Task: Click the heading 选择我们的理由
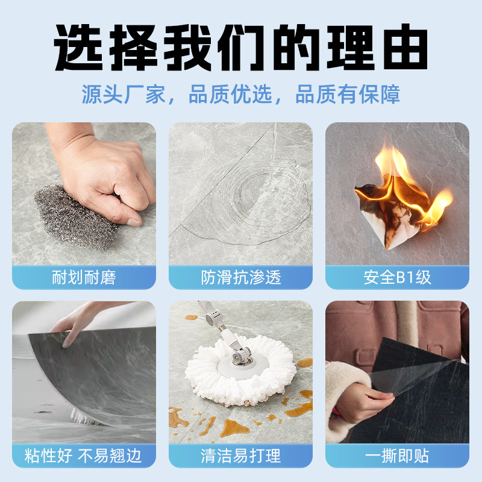(241, 47)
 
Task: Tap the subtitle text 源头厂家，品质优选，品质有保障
(241, 96)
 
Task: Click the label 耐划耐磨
(84, 278)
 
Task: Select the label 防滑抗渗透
(241, 278)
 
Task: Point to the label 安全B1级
(398, 278)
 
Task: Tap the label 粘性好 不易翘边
(84, 455)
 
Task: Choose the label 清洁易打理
(241, 455)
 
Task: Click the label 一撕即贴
(398, 455)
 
